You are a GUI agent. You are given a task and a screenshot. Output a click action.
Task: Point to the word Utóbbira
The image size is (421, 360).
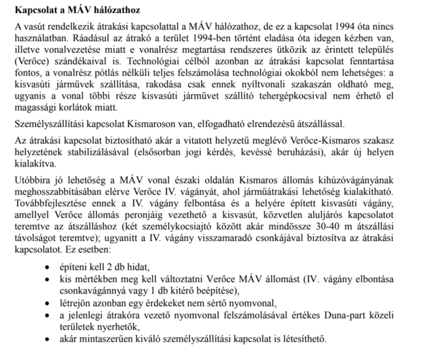[34, 179]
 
